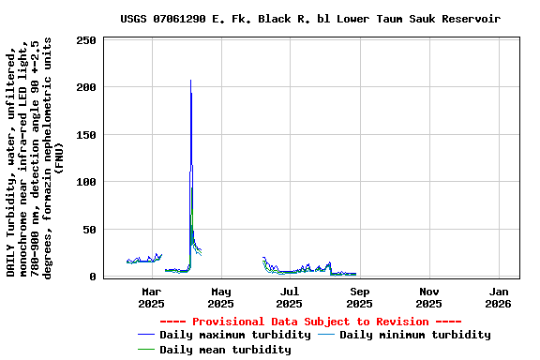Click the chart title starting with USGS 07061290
coord(310,19)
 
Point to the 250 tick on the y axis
coord(86,40)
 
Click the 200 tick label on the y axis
coord(86,87)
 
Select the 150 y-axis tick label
coord(86,135)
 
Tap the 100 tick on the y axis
coord(86,182)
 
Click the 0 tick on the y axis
coord(93,277)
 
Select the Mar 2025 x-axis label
coord(151,297)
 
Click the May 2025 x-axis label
coord(220,297)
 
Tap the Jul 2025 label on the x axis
coord(290,297)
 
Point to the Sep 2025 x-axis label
coord(359,297)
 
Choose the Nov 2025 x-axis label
coord(428,297)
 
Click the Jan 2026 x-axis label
coord(498,297)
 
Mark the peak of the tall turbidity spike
coord(190,81)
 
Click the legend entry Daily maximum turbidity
coord(235,335)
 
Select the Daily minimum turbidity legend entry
coord(414,335)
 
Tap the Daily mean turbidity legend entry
coord(225,350)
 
